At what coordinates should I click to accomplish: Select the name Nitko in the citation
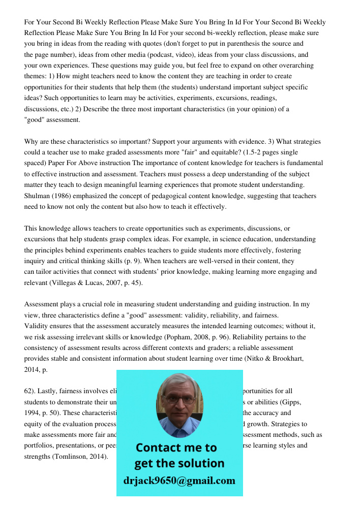point(254,359)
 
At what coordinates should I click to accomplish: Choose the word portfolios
point(39,446)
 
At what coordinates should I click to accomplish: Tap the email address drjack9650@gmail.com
point(179,481)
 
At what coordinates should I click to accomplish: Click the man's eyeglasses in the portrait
point(179,399)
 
